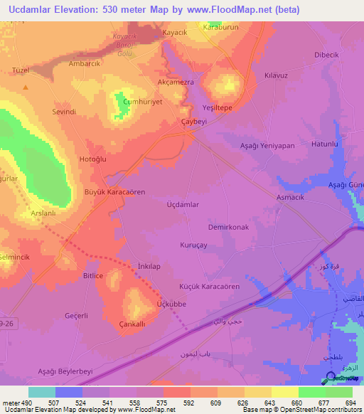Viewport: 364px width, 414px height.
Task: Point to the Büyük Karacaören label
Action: click(x=114, y=193)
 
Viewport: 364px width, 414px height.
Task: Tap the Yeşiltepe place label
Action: click(x=218, y=108)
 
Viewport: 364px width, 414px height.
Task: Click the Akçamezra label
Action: click(x=175, y=83)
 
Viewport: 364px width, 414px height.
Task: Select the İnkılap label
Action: click(x=147, y=266)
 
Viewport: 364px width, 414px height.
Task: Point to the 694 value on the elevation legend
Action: click(x=350, y=403)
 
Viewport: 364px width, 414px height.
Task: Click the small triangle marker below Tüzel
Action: click(x=26, y=87)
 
